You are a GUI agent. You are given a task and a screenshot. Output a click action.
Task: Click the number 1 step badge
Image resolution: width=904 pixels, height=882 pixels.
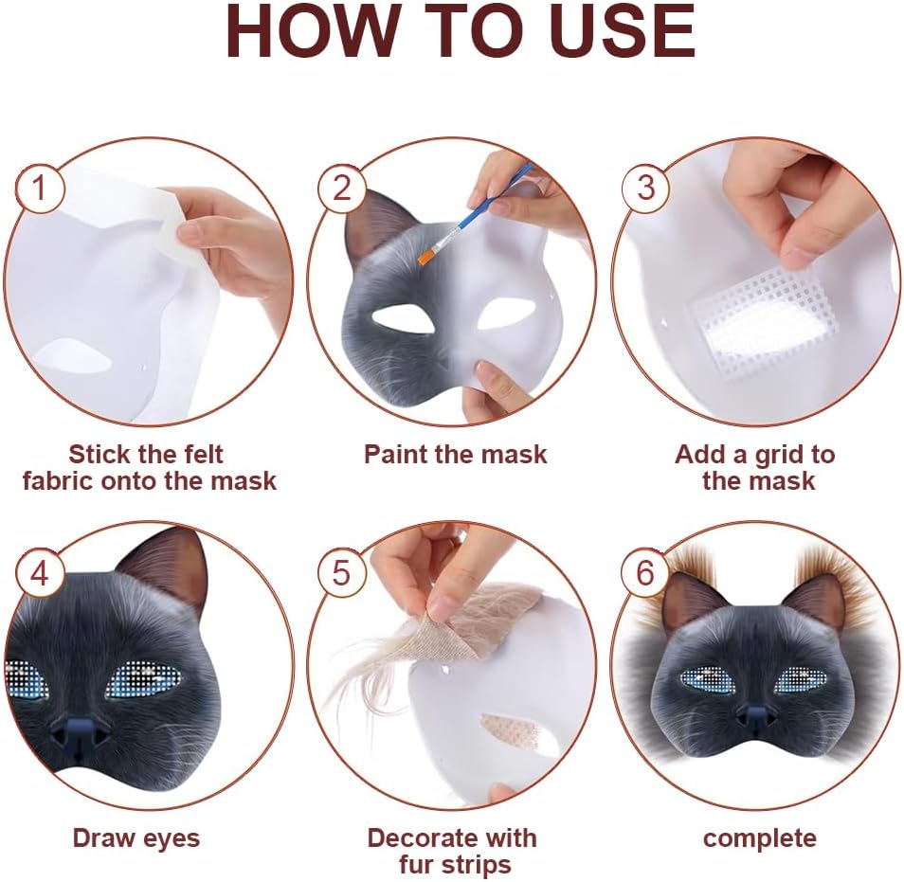pos(39,188)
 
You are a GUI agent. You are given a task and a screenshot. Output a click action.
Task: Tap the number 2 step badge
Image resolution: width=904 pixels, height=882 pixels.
pos(342,188)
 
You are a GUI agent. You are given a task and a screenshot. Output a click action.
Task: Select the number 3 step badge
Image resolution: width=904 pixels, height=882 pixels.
pos(645,188)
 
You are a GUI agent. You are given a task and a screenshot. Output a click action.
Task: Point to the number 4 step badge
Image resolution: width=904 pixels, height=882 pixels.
pos(39,572)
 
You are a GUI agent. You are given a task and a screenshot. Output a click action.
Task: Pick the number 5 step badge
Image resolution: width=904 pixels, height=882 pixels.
pos(342,572)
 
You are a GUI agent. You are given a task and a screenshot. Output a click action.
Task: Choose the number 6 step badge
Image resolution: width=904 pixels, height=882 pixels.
pos(645,572)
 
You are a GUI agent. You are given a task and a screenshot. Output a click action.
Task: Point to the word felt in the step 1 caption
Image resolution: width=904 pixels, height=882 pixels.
pos(200,454)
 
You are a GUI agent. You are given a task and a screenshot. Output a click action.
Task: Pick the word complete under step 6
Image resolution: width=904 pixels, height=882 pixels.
pos(760,839)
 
